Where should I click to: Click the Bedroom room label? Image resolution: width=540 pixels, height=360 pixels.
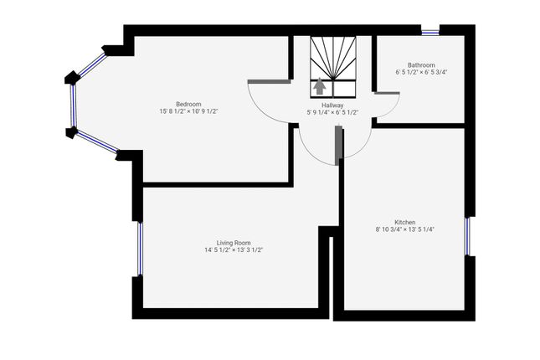(188, 103)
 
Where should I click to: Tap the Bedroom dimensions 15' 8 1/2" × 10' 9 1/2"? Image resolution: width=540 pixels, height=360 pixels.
(188, 111)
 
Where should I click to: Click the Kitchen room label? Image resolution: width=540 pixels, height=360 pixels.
(405, 222)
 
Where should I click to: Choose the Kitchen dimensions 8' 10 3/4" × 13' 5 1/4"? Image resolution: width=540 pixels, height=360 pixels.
(405, 229)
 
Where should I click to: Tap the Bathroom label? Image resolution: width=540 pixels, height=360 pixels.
(421, 64)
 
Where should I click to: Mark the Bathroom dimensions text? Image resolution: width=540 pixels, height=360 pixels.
(421, 72)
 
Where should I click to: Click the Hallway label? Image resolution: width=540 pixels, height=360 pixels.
(332, 105)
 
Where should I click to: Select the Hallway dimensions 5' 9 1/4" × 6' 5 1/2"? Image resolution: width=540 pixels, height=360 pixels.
(332, 112)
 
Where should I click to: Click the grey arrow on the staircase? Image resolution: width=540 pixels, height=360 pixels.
(319, 86)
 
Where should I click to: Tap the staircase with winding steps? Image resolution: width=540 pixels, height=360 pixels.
(334, 59)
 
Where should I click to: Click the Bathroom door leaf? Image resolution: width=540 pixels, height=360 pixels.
(386, 93)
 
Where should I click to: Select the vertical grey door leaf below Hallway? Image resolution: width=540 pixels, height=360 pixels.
(338, 144)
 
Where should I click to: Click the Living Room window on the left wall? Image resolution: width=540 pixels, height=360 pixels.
(139, 249)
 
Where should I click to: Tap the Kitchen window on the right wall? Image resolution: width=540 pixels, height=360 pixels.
(468, 235)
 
